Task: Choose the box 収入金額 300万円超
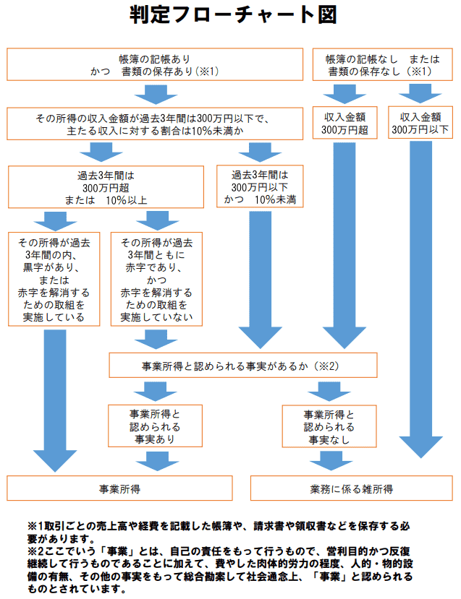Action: click(344, 124)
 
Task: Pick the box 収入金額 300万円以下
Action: click(420, 124)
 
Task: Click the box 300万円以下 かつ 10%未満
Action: click(260, 186)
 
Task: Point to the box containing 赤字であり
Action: click(156, 277)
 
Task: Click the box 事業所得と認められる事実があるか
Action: click(242, 365)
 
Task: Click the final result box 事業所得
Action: click(120, 488)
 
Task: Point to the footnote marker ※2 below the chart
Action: click(35, 552)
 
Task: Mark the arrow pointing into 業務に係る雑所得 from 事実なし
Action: click(329, 460)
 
